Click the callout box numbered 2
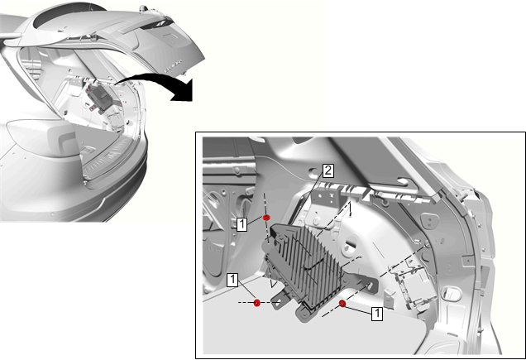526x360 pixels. [328, 170]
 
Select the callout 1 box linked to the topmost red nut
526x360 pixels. [241, 224]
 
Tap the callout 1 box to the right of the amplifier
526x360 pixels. [377, 314]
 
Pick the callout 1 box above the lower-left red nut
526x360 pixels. [232, 280]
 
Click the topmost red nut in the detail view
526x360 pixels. [266, 218]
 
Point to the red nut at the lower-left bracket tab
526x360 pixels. [257, 303]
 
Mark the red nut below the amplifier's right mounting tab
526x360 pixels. [342, 304]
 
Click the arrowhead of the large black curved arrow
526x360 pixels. [184, 91]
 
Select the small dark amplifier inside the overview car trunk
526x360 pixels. [100, 97]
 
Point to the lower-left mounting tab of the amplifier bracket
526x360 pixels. [279, 300]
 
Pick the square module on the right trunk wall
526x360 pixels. [416, 285]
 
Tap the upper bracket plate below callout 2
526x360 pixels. [327, 198]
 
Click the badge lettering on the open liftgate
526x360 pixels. [172, 65]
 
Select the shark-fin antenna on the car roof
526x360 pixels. [144, 7]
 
